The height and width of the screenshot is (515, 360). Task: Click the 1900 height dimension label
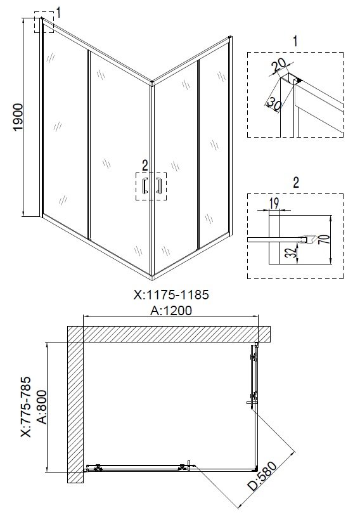(18, 117)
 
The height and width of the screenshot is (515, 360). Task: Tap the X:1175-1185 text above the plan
(171, 295)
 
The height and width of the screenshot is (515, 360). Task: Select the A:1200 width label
(171, 310)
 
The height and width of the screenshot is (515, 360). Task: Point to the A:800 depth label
(43, 407)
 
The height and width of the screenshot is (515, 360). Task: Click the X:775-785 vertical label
(25, 407)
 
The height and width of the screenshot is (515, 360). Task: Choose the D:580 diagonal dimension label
(262, 476)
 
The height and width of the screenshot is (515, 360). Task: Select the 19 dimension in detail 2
(274, 204)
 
